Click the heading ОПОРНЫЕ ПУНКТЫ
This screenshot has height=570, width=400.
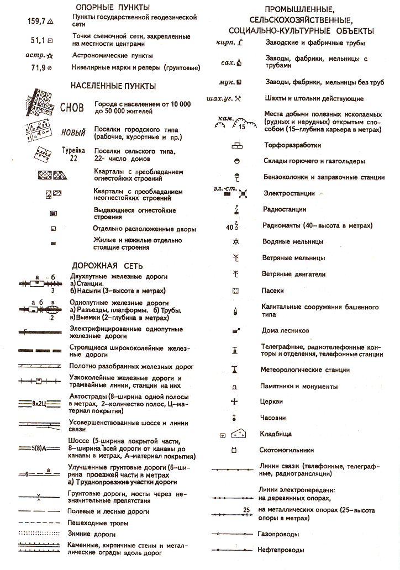click(113, 8)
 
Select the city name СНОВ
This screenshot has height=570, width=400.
click(72, 107)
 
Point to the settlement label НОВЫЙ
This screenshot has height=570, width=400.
click(73, 133)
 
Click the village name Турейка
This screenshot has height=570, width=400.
click(73, 150)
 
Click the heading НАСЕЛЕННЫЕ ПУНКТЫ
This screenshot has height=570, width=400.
click(113, 86)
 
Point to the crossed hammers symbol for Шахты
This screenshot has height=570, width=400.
click(238, 99)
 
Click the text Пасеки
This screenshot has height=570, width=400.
click(272, 291)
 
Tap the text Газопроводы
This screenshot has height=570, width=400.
click(278, 534)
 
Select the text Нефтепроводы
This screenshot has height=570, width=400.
click(281, 550)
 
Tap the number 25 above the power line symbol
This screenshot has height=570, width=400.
click(246, 509)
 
